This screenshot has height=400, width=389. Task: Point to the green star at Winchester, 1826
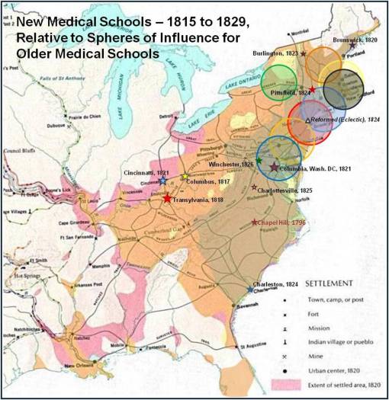[x=259, y=160]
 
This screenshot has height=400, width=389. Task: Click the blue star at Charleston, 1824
[x=250, y=290]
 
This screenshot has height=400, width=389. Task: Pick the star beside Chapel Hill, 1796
[x=255, y=222]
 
